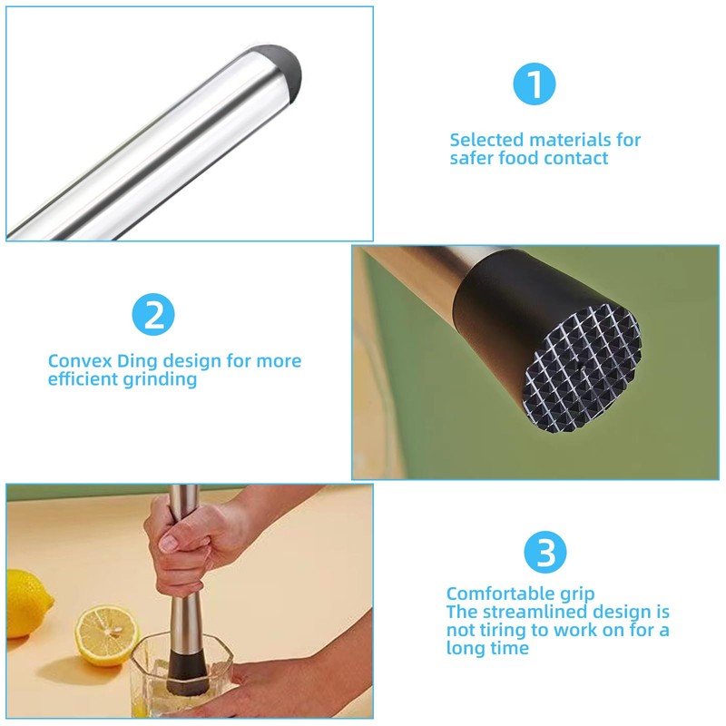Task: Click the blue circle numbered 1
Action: [x=535, y=84]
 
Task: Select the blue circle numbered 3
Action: [x=545, y=552]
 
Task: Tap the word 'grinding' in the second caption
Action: [x=160, y=379]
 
